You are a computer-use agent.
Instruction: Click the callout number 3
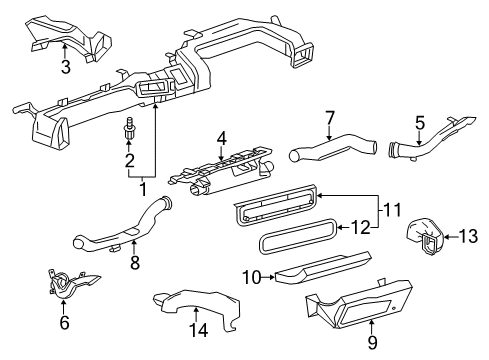point(37,68)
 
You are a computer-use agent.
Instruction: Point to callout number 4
point(222,139)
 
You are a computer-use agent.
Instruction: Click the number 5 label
point(419,124)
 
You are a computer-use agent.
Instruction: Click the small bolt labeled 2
point(129,131)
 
